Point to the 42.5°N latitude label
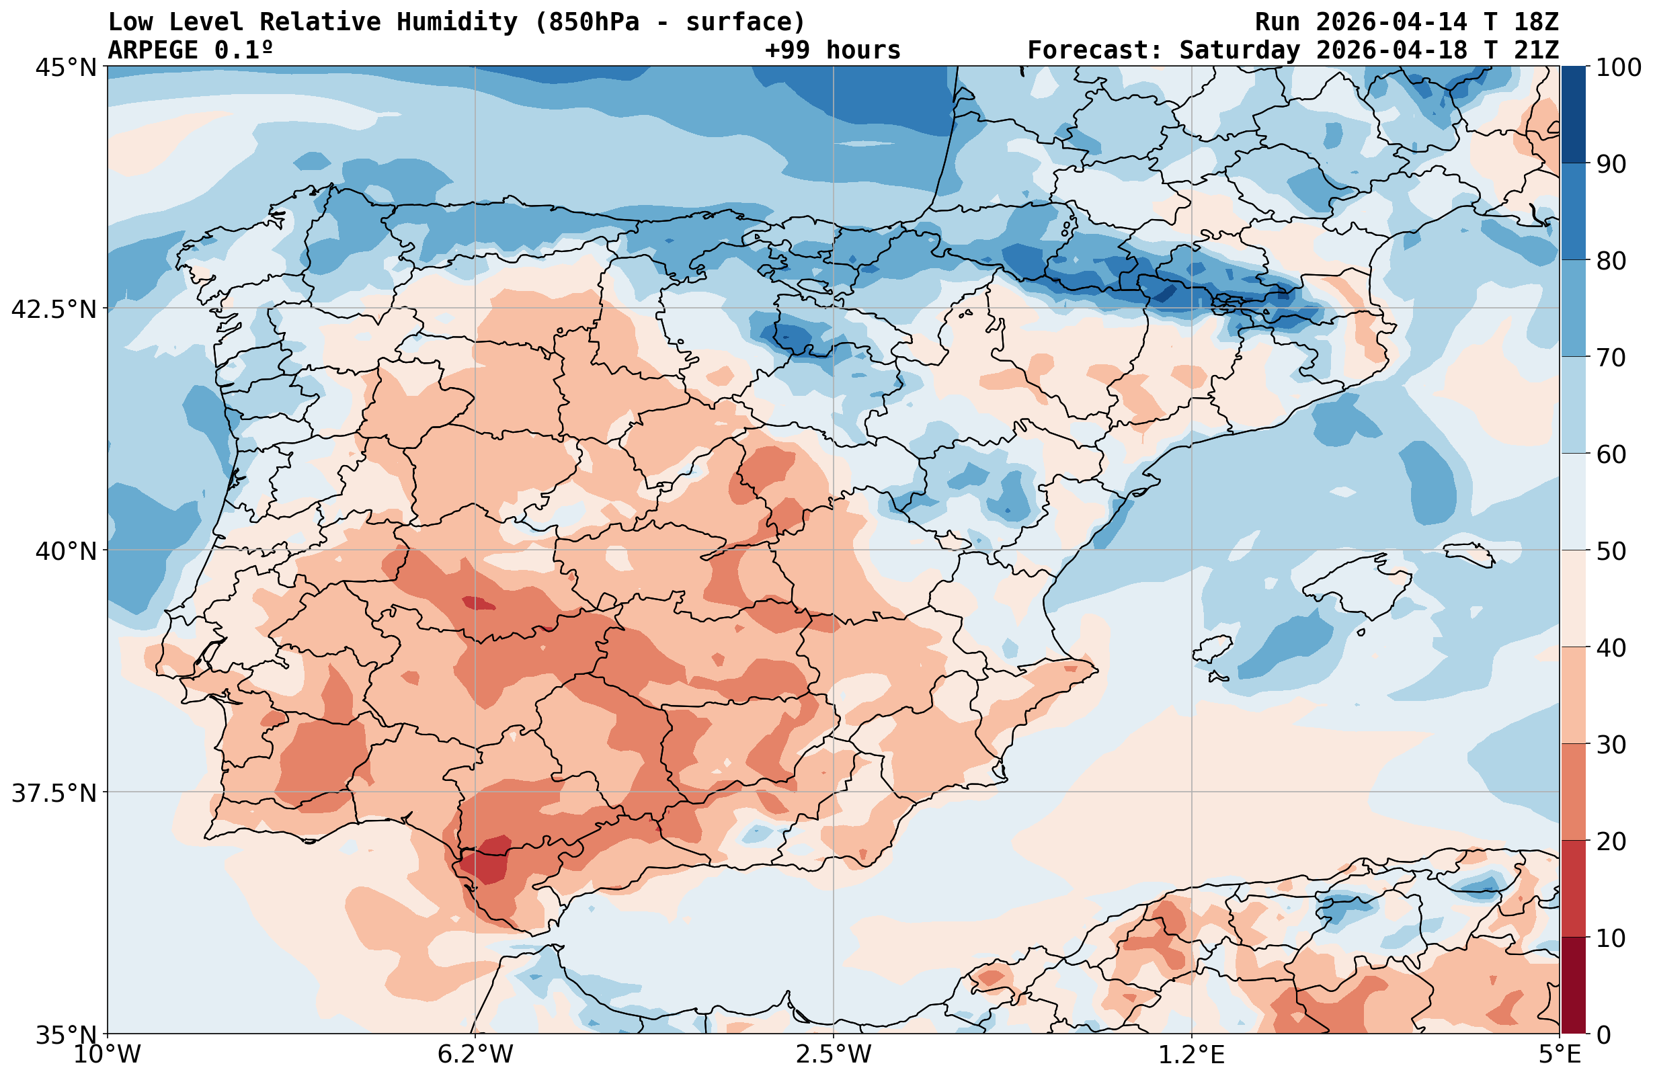coord(54,309)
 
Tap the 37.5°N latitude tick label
coord(54,792)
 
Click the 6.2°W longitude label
coord(475,1054)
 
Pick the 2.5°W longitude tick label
coord(834,1054)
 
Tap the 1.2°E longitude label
coord(1192,1054)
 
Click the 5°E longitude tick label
coord(1560,1054)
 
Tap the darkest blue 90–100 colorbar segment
coord(1573,115)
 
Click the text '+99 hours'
coord(833,50)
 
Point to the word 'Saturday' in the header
coord(1239,50)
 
